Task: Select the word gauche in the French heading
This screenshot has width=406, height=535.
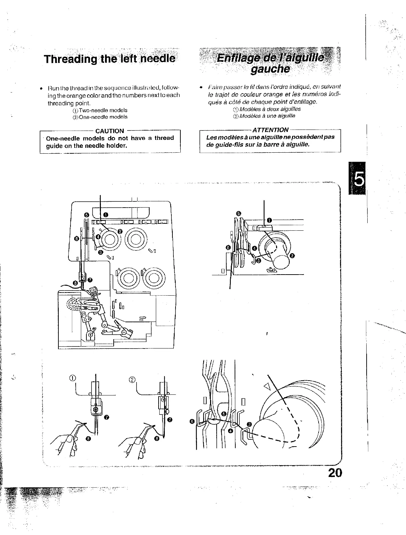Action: coord(270,69)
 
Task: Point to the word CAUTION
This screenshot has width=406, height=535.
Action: coord(110,131)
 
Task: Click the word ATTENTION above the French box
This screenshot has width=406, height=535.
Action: coord(271,130)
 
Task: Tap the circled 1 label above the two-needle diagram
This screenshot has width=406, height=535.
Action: coord(72,378)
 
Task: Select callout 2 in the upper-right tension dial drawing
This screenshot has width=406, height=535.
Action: coord(292,256)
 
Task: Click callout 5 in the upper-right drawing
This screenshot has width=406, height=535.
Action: coord(238,213)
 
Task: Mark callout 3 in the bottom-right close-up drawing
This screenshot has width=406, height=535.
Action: coord(249,424)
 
